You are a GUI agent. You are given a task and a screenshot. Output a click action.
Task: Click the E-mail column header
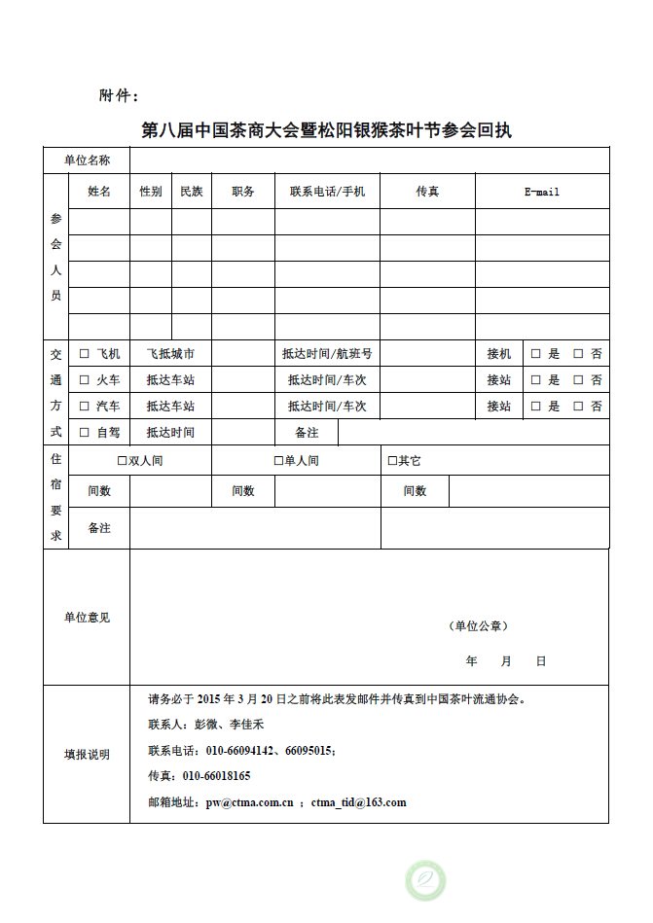(x=542, y=193)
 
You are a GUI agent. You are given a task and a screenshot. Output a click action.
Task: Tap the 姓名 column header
(x=99, y=193)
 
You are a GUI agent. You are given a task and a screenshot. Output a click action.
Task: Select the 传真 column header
(x=427, y=193)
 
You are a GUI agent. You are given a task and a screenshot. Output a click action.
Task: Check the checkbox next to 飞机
(x=85, y=354)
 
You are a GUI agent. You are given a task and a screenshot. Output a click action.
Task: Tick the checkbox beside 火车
(x=85, y=380)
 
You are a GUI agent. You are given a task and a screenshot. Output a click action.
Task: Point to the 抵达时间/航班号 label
(x=327, y=354)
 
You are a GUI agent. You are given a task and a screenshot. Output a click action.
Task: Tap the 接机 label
(x=499, y=354)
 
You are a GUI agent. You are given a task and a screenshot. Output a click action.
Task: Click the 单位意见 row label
(x=87, y=618)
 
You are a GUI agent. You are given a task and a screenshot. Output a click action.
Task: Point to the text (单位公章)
(x=478, y=626)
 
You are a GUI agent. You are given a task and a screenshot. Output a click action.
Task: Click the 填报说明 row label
(x=87, y=754)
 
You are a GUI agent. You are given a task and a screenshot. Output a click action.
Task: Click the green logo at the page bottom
(x=425, y=879)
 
